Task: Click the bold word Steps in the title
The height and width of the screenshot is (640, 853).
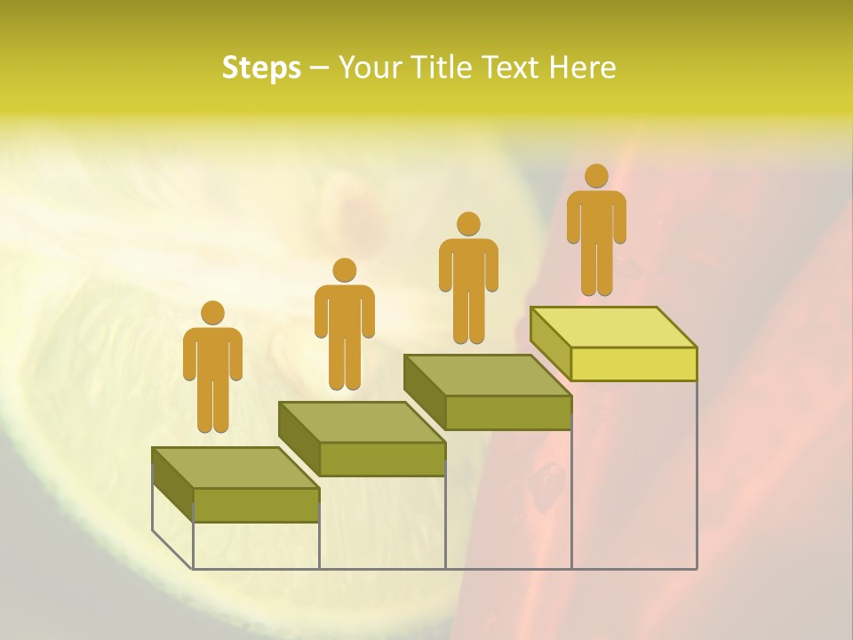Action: point(261,68)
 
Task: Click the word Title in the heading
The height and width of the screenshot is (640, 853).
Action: point(431,68)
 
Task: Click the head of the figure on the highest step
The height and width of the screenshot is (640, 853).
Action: point(596,176)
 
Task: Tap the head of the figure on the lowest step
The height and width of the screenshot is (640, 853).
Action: point(212,313)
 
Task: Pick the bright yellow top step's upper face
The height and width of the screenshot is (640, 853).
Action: point(613,327)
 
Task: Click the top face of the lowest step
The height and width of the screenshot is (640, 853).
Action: point(235,468)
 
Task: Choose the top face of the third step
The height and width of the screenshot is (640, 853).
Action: point(487,375)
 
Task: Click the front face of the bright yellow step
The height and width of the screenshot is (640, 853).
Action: point(634,364)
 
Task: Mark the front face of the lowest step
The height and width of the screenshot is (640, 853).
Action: point(256,505)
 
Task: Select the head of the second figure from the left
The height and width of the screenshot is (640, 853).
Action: point(344,270)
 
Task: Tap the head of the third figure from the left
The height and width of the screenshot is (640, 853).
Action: point(468,224)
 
